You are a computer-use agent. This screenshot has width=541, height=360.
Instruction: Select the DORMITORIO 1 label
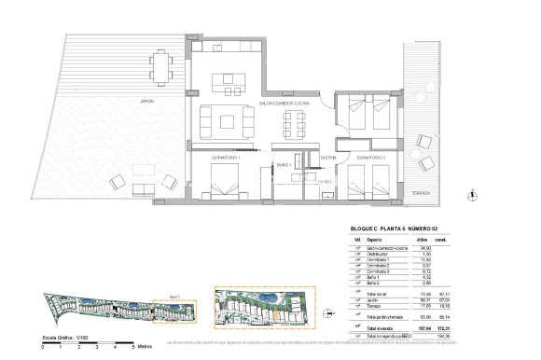[226, 158]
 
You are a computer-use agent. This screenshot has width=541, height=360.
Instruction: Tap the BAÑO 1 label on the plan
[284, 165]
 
